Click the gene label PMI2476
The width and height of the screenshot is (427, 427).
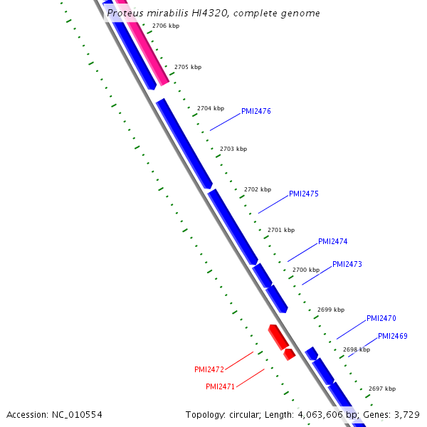[255, 111]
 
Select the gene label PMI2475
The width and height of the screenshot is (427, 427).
[303, 194]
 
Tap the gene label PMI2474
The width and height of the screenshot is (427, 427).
[332, 241]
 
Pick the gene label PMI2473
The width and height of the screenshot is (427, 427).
[347, 264]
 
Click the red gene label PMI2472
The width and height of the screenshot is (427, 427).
[209, 369]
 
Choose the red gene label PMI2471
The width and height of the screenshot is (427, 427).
[221, 386]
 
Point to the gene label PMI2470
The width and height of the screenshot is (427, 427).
[381, 318]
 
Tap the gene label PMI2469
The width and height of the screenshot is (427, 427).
[392, 336]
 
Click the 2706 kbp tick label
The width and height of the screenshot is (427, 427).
[166, 26]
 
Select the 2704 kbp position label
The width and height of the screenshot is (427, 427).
[211, 108]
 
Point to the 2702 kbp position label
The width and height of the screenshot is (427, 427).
[258, 189]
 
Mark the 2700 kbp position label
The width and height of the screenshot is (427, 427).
[306, 270]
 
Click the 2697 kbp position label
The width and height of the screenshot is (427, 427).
[382, 389]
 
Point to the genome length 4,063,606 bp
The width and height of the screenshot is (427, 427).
[328, 414]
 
